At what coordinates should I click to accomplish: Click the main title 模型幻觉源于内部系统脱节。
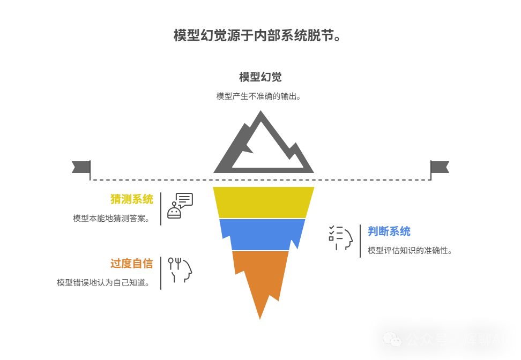tap(258, 36)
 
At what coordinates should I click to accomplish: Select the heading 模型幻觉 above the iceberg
tap(260, 77)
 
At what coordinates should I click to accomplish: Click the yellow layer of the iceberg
tap(263, 202)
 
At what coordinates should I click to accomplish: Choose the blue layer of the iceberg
tap(262, 234)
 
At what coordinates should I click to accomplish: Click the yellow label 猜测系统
tap(131, 199)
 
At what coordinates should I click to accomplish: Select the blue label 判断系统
tap(389, 231)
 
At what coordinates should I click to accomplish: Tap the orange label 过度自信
tap(131, 264)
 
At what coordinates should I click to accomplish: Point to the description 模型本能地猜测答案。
tap(111, 219)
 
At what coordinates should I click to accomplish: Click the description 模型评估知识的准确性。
tap(410, 251)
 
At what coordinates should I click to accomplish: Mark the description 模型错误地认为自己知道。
tap(103, 283)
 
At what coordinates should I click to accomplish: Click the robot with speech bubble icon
tap(180, 206)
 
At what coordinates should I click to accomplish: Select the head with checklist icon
tap(340, 238)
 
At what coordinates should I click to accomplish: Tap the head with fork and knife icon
tap(180, 270)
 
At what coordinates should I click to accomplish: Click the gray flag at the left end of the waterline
tap(80, 167)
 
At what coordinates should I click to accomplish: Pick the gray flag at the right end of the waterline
tap(440, 167)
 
